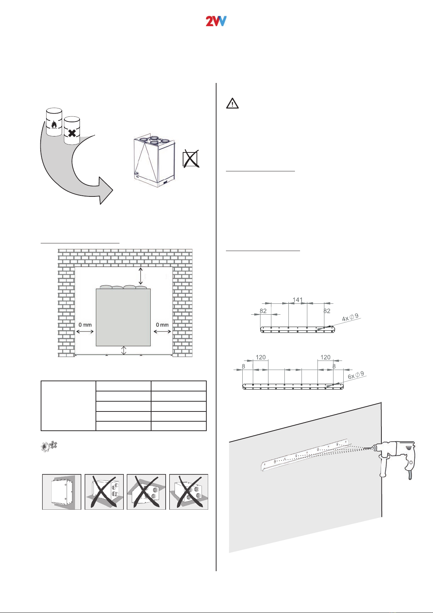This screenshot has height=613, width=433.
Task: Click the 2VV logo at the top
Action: (216, 21)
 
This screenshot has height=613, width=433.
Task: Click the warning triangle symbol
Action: (232, 103)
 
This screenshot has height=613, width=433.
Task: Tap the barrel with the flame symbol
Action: (54, 122)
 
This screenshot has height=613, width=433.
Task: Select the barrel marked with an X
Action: (72, 131)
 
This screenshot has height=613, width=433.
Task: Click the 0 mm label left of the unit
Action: (85, 325)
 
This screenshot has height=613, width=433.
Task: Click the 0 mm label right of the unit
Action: (162, 325)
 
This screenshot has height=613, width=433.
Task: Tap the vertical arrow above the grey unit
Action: (141, 276)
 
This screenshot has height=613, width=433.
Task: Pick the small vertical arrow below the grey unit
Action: (124, 350)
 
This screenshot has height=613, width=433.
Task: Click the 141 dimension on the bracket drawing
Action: (298, 300)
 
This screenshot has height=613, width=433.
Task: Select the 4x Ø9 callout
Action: (350, 318)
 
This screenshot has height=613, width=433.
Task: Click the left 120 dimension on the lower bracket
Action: (260, 357)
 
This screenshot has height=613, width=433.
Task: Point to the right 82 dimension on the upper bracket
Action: (327, 311)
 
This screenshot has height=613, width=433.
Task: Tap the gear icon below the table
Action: (49, 446)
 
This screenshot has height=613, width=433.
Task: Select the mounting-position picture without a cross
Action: (61, 491)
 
